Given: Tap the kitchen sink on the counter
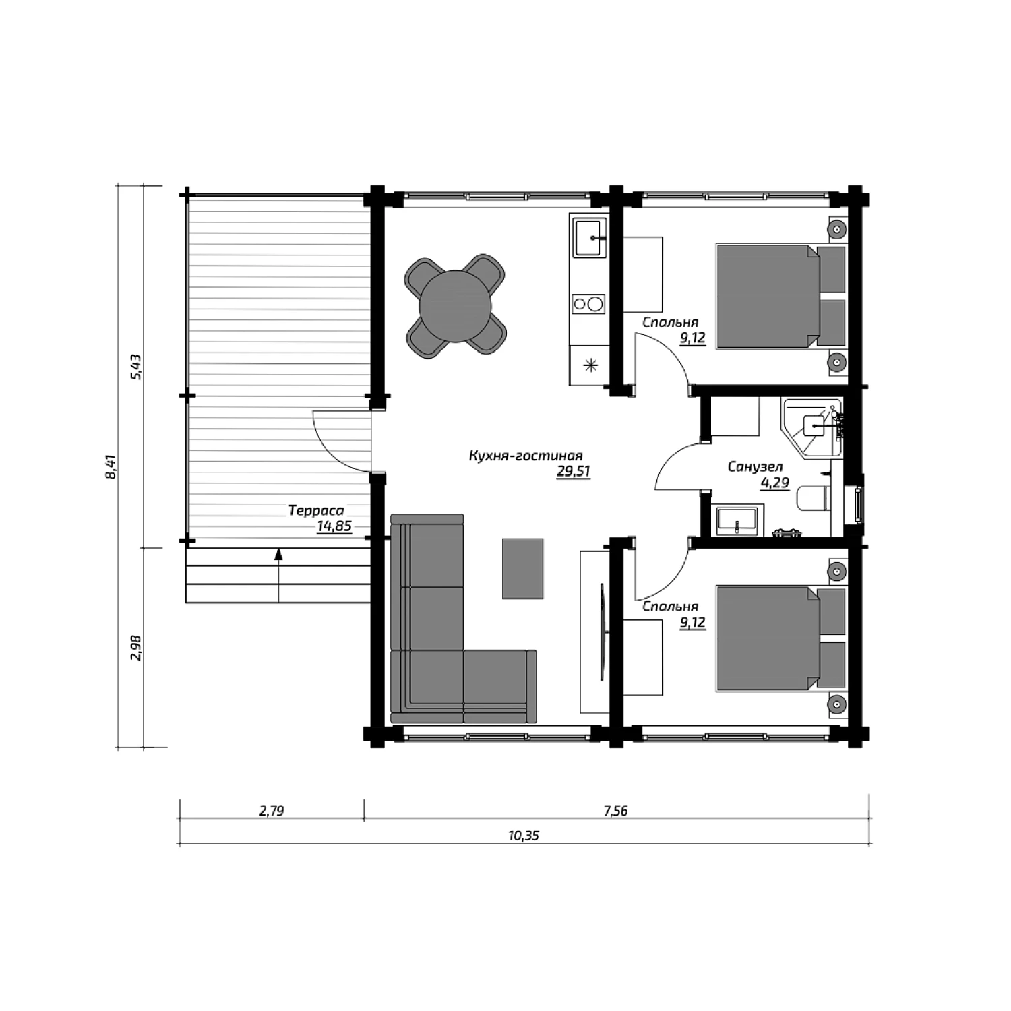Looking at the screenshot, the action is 590,237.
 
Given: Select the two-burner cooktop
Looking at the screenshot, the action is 588,304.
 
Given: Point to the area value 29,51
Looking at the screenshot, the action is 573,472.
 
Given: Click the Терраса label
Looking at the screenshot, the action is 316,511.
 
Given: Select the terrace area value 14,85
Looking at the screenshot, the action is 334,526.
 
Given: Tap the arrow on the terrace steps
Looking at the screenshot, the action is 278,576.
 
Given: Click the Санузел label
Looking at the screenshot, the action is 755,466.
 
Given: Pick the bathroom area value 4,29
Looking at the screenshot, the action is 774,483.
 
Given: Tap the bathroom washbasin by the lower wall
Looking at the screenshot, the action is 737,521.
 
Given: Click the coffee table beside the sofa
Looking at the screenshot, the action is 522,568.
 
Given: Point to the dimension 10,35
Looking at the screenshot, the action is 524,836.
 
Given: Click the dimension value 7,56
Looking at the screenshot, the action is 615,811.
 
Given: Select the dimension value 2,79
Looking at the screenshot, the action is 272,811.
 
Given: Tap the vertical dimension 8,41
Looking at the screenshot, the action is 112,466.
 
